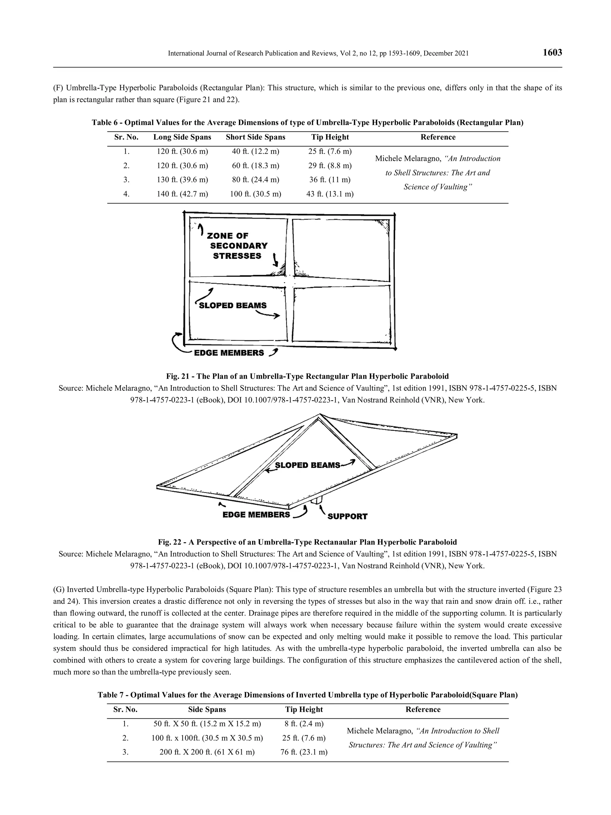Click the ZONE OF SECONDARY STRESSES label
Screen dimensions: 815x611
238,245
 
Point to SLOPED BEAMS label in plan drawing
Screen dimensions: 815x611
232,306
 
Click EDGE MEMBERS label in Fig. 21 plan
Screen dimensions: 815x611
229,353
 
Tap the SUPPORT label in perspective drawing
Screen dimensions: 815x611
347,516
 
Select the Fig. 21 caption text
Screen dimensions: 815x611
307,376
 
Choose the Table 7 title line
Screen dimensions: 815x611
307,695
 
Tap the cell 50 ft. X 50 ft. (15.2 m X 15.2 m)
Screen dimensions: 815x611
207,724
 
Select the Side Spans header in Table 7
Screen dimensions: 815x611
207,710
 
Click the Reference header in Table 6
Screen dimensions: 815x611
438,137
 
